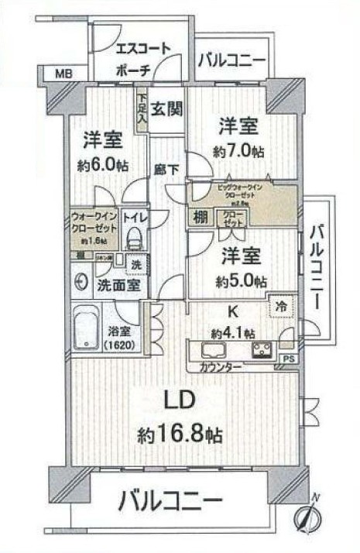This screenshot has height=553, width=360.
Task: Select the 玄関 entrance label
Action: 166,108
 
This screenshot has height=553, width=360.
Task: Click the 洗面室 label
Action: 118,284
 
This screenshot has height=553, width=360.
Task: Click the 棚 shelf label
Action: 200,218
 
